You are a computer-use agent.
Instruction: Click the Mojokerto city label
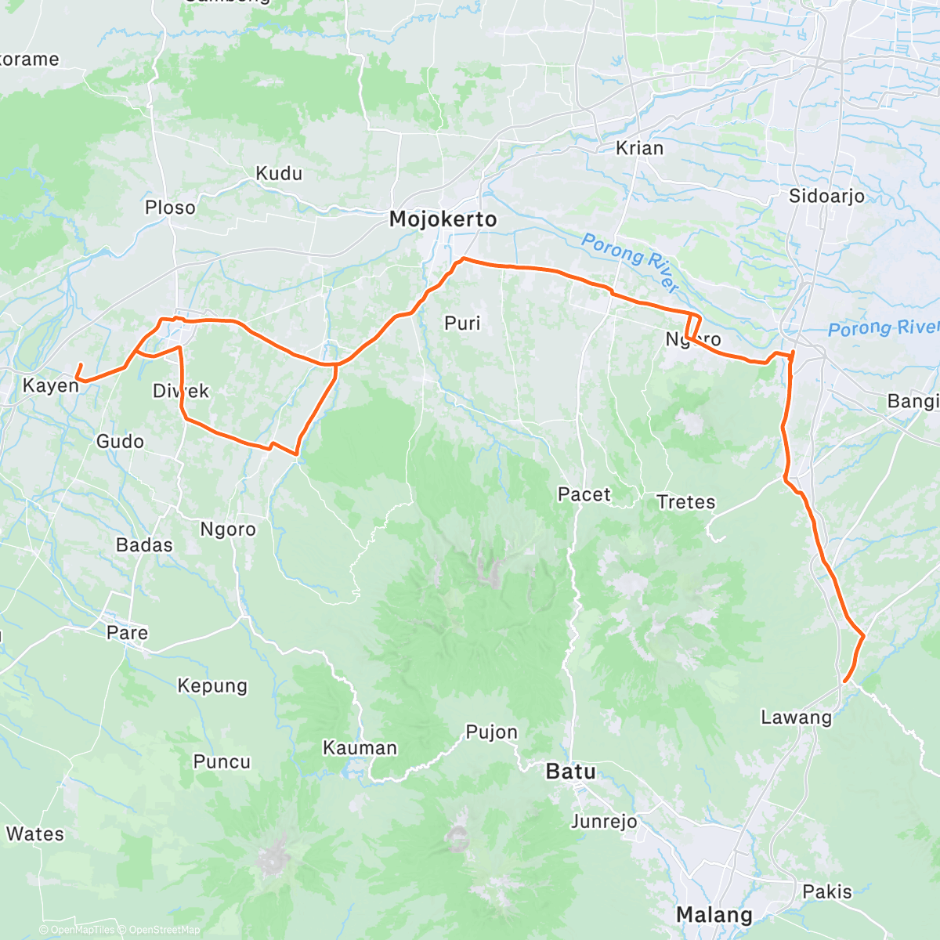[x=443, y=219]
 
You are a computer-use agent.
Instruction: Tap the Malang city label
[x=714, y=914]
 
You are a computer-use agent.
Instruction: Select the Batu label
[x=570, y=772]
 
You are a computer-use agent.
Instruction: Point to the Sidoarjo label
[x=826, y=196]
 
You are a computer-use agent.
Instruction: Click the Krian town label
[x=639, y=148]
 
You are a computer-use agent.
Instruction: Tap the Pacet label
[x=584, y=494]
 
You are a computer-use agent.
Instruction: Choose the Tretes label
[x=685, y=502]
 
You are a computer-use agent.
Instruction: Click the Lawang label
[x=796, y=717]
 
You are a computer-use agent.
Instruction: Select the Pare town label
[x=127, y=632]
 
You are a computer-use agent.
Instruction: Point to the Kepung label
[x=212, y=686]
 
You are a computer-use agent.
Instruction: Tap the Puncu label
[x=222, y=761]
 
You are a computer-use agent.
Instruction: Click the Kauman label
[x=360, y=748]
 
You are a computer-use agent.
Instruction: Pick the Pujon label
[x=491, y=732]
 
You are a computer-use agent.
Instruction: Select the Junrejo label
[x=603, y=822]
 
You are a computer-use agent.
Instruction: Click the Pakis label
[x=826, y=891]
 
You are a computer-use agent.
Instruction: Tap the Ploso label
[x=170, y=208]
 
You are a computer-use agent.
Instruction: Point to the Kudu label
[x=279, y=173]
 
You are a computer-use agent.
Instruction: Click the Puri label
[x=462, y=323]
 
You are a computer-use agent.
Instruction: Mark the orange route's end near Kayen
[x=81, y=365]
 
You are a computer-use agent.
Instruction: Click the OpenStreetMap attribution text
[x=164, y=930]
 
